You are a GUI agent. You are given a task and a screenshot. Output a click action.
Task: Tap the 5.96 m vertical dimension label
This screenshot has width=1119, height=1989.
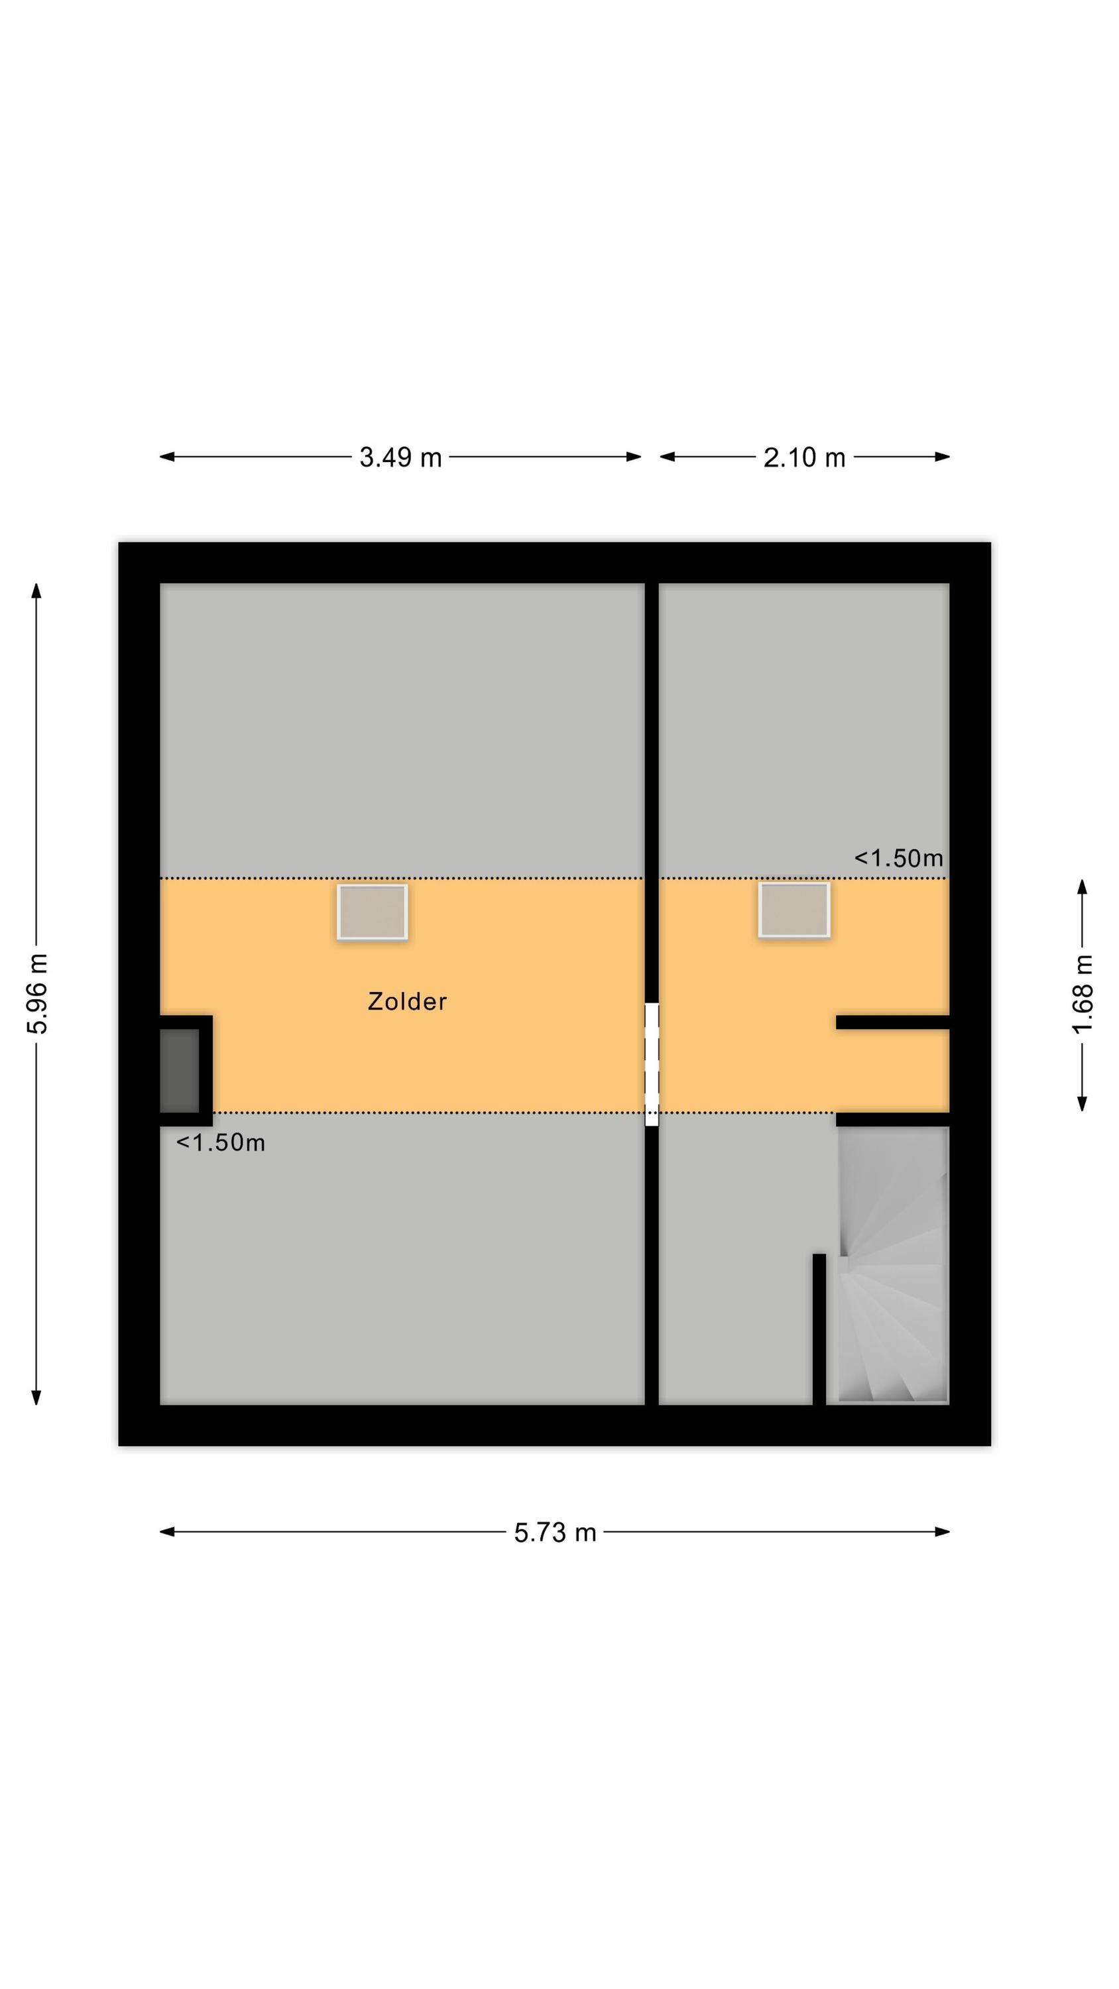[x=37, y=993]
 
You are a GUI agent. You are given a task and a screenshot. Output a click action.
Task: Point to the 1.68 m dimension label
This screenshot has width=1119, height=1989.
[x=1083, y=993]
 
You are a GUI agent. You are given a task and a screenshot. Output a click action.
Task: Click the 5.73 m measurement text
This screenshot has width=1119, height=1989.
[x=556, y=1533]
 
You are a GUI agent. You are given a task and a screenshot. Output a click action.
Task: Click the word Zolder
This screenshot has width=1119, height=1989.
[x=407, y=1001]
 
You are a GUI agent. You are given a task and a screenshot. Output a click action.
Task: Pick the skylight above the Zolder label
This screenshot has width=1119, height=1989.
[x=373, y=912]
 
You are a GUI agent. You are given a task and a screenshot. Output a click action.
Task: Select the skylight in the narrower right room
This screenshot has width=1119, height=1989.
[x=794, y=910]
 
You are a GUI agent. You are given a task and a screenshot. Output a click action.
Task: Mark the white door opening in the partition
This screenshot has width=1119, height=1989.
[x=652, y=1064]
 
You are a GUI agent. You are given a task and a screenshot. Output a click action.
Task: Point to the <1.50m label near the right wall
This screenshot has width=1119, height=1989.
[x=898, y=858]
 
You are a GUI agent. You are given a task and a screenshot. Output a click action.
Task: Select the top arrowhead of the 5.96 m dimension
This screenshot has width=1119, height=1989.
[x=36, y=591]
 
